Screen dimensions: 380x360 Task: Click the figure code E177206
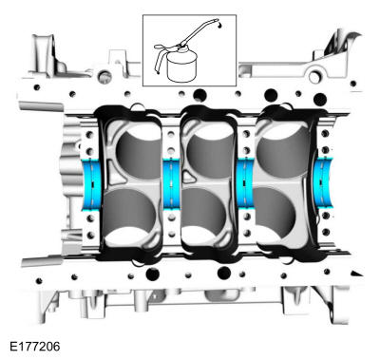click(x=34, y=347)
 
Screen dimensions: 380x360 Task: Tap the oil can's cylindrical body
click(x=182, y=67)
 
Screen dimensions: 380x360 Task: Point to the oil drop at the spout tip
click(x=219, y=25)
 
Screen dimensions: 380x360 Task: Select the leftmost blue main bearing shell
click(x=91, y=184)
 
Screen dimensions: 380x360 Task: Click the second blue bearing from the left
click(x=171, y=183)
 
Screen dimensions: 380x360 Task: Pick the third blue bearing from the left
click(x=245, y=183)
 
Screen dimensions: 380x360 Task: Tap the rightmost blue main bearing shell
click(x=325, y=183)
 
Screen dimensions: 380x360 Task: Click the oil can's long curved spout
click(x=199, y=31)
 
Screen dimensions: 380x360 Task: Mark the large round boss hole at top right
click(x=314, y=76)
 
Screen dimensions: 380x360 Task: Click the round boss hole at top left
click(x=104, y=76)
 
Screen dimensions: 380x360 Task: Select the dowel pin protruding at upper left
click(x=41, y=106)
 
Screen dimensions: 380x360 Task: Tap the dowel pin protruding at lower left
click(x=43, y=261)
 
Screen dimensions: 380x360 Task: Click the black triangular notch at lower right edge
click(x=357, y=273)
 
